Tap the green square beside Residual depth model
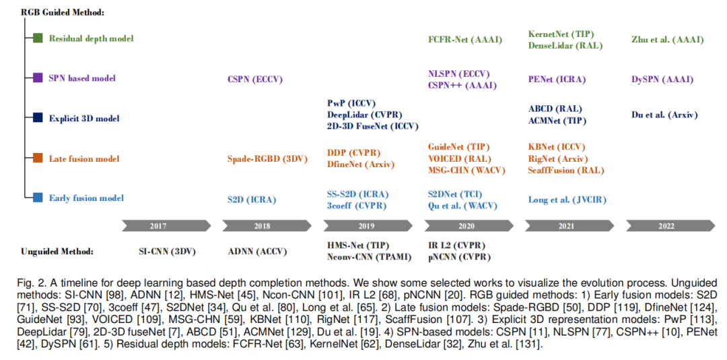tap(38, 38)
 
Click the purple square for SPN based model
tap(38, 78)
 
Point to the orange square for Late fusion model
tap(38, 158)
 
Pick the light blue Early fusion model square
tap(38, 198)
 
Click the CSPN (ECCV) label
tap(254, 79)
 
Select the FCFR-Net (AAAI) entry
tap(465, 40)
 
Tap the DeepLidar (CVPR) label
tap(364, 115)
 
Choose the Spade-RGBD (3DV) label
tap(267, 159)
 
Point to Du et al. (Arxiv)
tap(664, 115)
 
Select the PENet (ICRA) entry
tap(557, 80)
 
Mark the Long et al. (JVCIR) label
tap(567, 200)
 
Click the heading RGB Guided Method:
tap(63, 13)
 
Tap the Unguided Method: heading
tap(57, 251)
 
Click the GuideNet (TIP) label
tap(459, 147)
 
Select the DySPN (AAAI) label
tap(662, 80)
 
